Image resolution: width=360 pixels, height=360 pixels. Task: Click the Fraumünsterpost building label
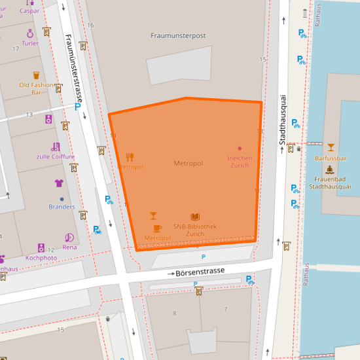click(178, 36)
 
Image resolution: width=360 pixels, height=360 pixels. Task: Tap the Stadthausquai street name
click(283, 118)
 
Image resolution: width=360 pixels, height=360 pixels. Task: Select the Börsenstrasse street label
click(200, 271)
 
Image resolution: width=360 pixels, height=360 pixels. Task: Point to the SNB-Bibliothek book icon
click(195, 217)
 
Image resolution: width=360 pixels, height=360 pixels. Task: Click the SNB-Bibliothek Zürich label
click(194, 230)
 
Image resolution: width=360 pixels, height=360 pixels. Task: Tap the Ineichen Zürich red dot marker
click(240, 149)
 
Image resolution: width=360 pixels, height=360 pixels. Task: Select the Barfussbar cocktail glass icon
click(331, 147)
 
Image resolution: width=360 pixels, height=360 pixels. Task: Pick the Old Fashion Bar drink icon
click(37, 75)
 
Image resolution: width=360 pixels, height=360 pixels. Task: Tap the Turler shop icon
click(30, 33)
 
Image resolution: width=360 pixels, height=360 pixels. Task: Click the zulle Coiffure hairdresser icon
click(56, 147)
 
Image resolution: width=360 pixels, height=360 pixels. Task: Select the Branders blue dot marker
click(62, 198)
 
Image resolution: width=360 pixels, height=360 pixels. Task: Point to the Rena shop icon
click(69, 238)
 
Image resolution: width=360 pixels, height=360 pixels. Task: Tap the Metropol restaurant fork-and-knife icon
click(130, 157)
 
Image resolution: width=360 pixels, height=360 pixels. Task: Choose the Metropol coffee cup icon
click(157, 228)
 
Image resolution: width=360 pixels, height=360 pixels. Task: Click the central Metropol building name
click(189, 163)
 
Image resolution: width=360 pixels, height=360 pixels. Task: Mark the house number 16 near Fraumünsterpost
click(90, 25)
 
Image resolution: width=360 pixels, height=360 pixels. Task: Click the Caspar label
click(29, 10)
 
